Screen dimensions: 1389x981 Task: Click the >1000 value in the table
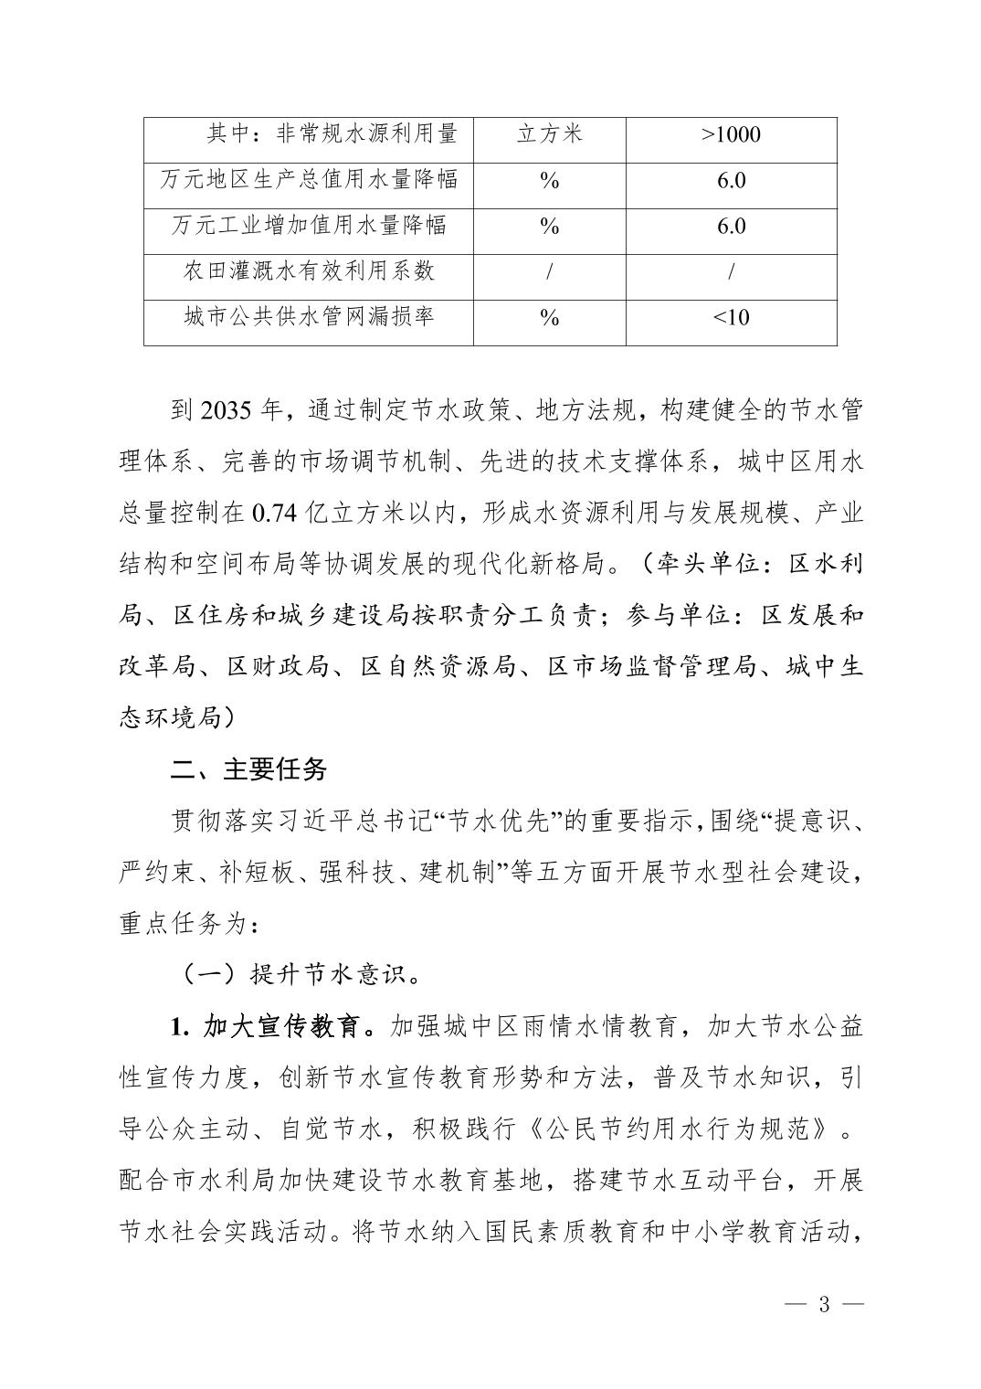point(731,135)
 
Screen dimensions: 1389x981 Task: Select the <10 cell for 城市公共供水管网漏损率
point(731,317)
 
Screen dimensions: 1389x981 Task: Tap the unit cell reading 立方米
point(549,135)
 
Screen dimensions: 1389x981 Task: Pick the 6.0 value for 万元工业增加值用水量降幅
point(731,226)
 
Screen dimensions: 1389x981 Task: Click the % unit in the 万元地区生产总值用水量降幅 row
point(549,181)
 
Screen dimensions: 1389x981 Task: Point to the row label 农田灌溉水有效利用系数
point(309,270)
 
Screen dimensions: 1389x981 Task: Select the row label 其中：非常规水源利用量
point(332,134)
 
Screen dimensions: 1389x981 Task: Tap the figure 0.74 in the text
point(274,514)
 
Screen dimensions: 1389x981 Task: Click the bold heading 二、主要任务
point(248,769)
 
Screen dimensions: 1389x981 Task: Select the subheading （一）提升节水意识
point(299,976)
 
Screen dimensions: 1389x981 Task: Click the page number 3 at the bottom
point(823,1304)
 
